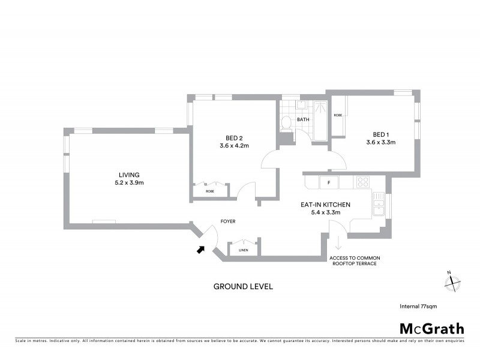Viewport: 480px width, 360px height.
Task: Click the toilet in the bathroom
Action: click(x=287, y=123)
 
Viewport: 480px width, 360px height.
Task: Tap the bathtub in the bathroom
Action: click(x=320, y=121)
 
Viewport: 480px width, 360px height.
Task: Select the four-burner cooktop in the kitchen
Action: click(x=362, y=181)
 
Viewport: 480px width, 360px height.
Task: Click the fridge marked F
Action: click(x=329, y=182)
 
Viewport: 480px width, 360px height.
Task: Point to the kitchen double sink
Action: click(x=379, y=207)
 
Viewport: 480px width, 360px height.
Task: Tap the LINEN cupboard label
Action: click(x=243, y=250)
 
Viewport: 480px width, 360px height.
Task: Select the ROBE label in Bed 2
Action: click(x=209, y=191)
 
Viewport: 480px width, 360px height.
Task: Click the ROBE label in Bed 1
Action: click(x=338, y=115)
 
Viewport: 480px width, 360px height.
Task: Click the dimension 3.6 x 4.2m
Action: click(x=234, y=145)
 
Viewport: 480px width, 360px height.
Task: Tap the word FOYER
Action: click(x=227, y=221)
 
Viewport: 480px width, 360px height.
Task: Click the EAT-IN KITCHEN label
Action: click(x=325, y=205)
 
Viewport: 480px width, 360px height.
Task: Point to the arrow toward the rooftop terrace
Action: click(x=338, y=244)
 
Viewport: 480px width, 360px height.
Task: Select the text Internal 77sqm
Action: click(x=418, y=306)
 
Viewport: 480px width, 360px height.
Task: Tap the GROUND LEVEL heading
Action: click(x=243, y=287)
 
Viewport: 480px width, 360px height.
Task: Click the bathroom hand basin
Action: click(x=302, y=106)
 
